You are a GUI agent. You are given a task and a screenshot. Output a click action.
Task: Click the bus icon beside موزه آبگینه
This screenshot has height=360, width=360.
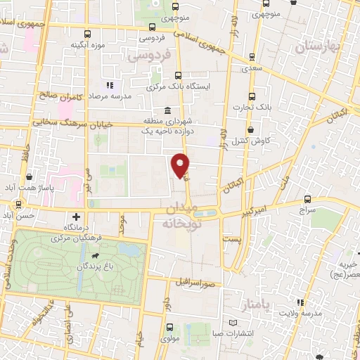pos(87,34)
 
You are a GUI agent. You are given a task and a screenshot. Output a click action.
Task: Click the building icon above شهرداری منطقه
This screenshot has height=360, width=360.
pos(167,111)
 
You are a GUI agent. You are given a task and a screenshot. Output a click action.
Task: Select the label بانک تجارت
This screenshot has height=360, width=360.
pos(252,107)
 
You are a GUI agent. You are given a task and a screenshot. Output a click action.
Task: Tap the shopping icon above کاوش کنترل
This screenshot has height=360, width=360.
pos(252,129)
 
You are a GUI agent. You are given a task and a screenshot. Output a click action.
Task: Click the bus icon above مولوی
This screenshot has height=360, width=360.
pos(169,327)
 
